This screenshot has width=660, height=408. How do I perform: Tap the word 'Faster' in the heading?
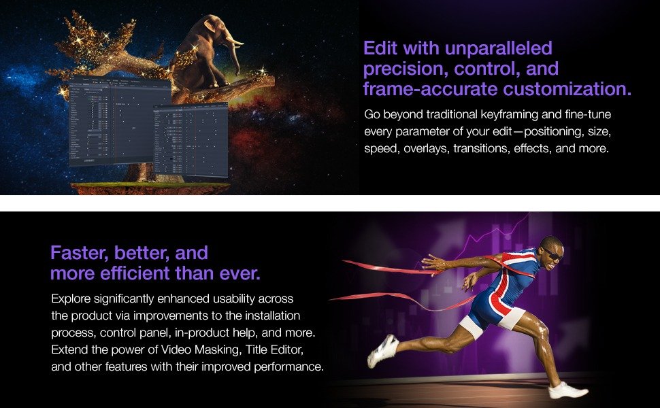click(x=74, y=254)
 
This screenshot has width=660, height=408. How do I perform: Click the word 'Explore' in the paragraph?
click(x=71, y=299)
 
